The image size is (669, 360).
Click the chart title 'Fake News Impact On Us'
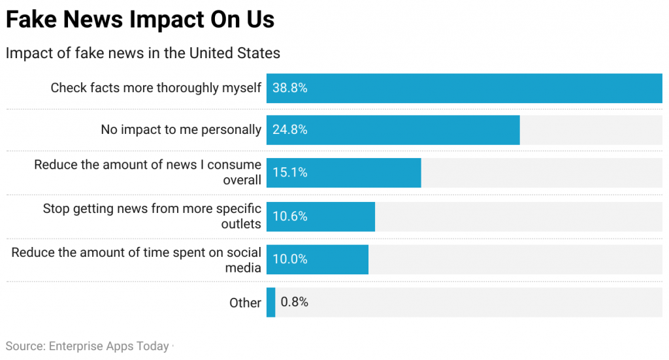coord(140,20)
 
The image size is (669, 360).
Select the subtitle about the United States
coord(142,53)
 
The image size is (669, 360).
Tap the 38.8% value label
coord(289,88)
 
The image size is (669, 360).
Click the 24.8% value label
coord(289,130)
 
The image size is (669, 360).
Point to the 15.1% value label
coord(289,173)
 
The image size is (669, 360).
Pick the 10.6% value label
coord(289,216)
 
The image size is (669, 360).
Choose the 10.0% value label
coord(289,259)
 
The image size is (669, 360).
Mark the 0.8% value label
coord(294,303)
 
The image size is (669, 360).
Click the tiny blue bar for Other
coord(270,303)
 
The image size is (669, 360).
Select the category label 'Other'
coord(245,303)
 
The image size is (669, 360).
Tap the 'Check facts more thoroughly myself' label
coord(155,88)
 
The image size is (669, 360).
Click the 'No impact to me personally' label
coord(180,130)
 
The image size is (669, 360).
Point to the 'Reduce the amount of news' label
coord(148,172)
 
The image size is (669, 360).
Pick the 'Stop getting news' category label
coord(152,216)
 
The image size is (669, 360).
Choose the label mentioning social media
coord(136,259)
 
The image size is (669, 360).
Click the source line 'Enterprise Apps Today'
coord(87,346)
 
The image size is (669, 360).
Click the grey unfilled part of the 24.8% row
coord(591,130)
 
